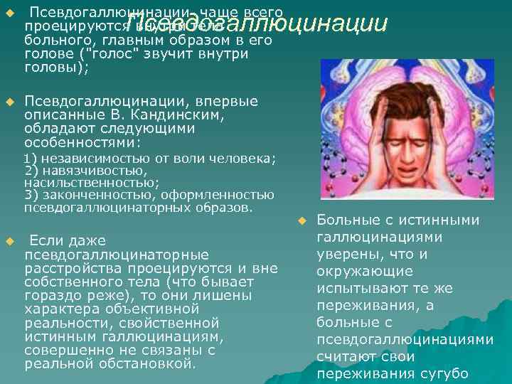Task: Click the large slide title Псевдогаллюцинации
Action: point(259,24)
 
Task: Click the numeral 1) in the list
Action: point(29,159)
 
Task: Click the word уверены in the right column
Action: point(346,254)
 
